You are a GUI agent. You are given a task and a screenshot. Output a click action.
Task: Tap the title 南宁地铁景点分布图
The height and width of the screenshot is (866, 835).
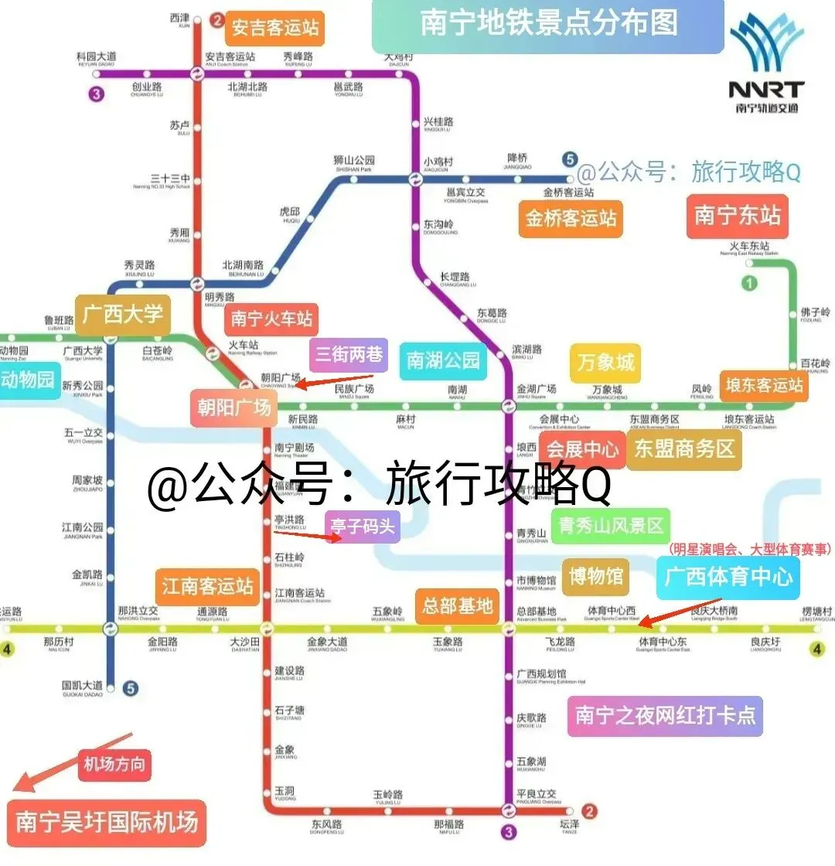(548, 23)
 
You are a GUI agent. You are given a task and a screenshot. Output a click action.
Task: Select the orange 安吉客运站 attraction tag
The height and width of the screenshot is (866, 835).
(275, 29)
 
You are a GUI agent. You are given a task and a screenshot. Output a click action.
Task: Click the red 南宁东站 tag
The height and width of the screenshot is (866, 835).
(738, 215)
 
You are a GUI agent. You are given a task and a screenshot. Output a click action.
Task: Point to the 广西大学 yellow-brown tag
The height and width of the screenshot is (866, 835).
(123, 314)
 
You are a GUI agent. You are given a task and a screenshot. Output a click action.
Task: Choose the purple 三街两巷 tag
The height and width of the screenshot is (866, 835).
(347, 356)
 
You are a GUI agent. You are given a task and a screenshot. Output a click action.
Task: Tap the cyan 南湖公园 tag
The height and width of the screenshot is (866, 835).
(444, 360)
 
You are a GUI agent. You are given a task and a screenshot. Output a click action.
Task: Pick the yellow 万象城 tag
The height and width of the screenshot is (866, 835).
(605, 362)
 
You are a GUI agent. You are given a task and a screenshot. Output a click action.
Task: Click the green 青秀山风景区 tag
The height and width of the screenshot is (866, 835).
(611, 527)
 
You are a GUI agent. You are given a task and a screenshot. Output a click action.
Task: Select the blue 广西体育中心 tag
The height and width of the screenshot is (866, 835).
(728, 577)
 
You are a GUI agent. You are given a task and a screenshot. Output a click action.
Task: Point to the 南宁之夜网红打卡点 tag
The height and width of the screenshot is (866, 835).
(665, 716)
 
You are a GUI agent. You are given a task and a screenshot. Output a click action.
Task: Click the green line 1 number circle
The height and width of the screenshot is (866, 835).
(748, 284)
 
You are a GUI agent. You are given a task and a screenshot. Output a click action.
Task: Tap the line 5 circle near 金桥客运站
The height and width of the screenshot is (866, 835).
(570, 161)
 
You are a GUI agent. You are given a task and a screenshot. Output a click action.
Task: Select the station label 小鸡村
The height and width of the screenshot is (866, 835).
(438, 162)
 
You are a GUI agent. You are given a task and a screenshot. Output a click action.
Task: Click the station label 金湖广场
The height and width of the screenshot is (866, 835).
(537, 390)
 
